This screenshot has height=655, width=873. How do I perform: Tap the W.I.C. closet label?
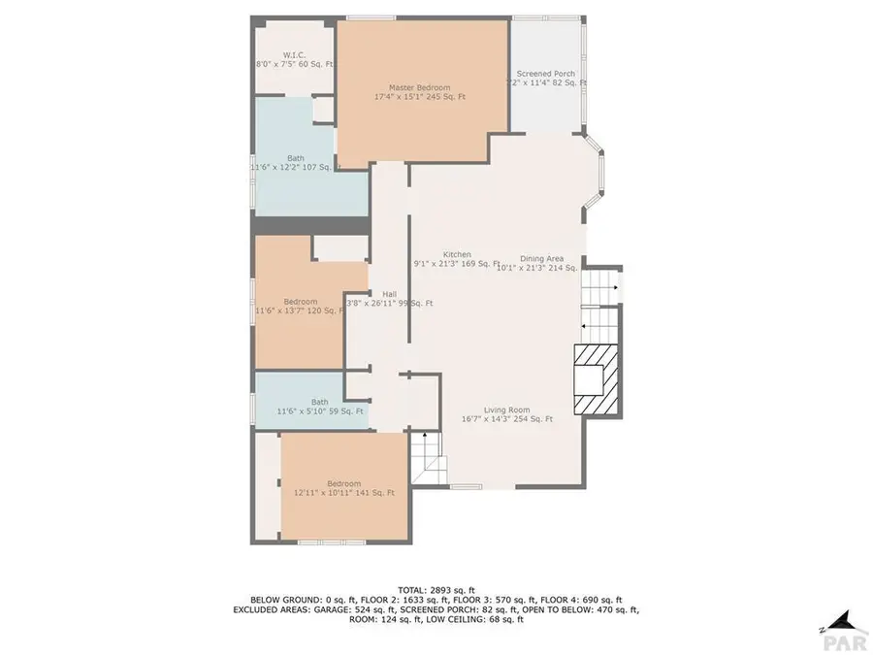tap(295, 54)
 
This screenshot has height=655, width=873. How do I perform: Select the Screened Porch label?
tap(546, 74)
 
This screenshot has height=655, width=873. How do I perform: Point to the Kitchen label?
tap(457, 254)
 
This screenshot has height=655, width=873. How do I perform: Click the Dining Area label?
tap(541, 258)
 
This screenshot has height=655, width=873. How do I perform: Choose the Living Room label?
tap(507, 409)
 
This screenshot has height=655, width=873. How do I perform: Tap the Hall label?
tap(389, 294)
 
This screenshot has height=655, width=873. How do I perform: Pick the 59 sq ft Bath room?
tap(319, 402)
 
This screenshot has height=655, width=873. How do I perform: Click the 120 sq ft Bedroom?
tap(300, 302)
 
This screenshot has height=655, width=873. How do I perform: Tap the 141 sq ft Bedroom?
tap(343, 484)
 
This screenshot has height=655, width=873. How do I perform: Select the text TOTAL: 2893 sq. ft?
tap(436, 590)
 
